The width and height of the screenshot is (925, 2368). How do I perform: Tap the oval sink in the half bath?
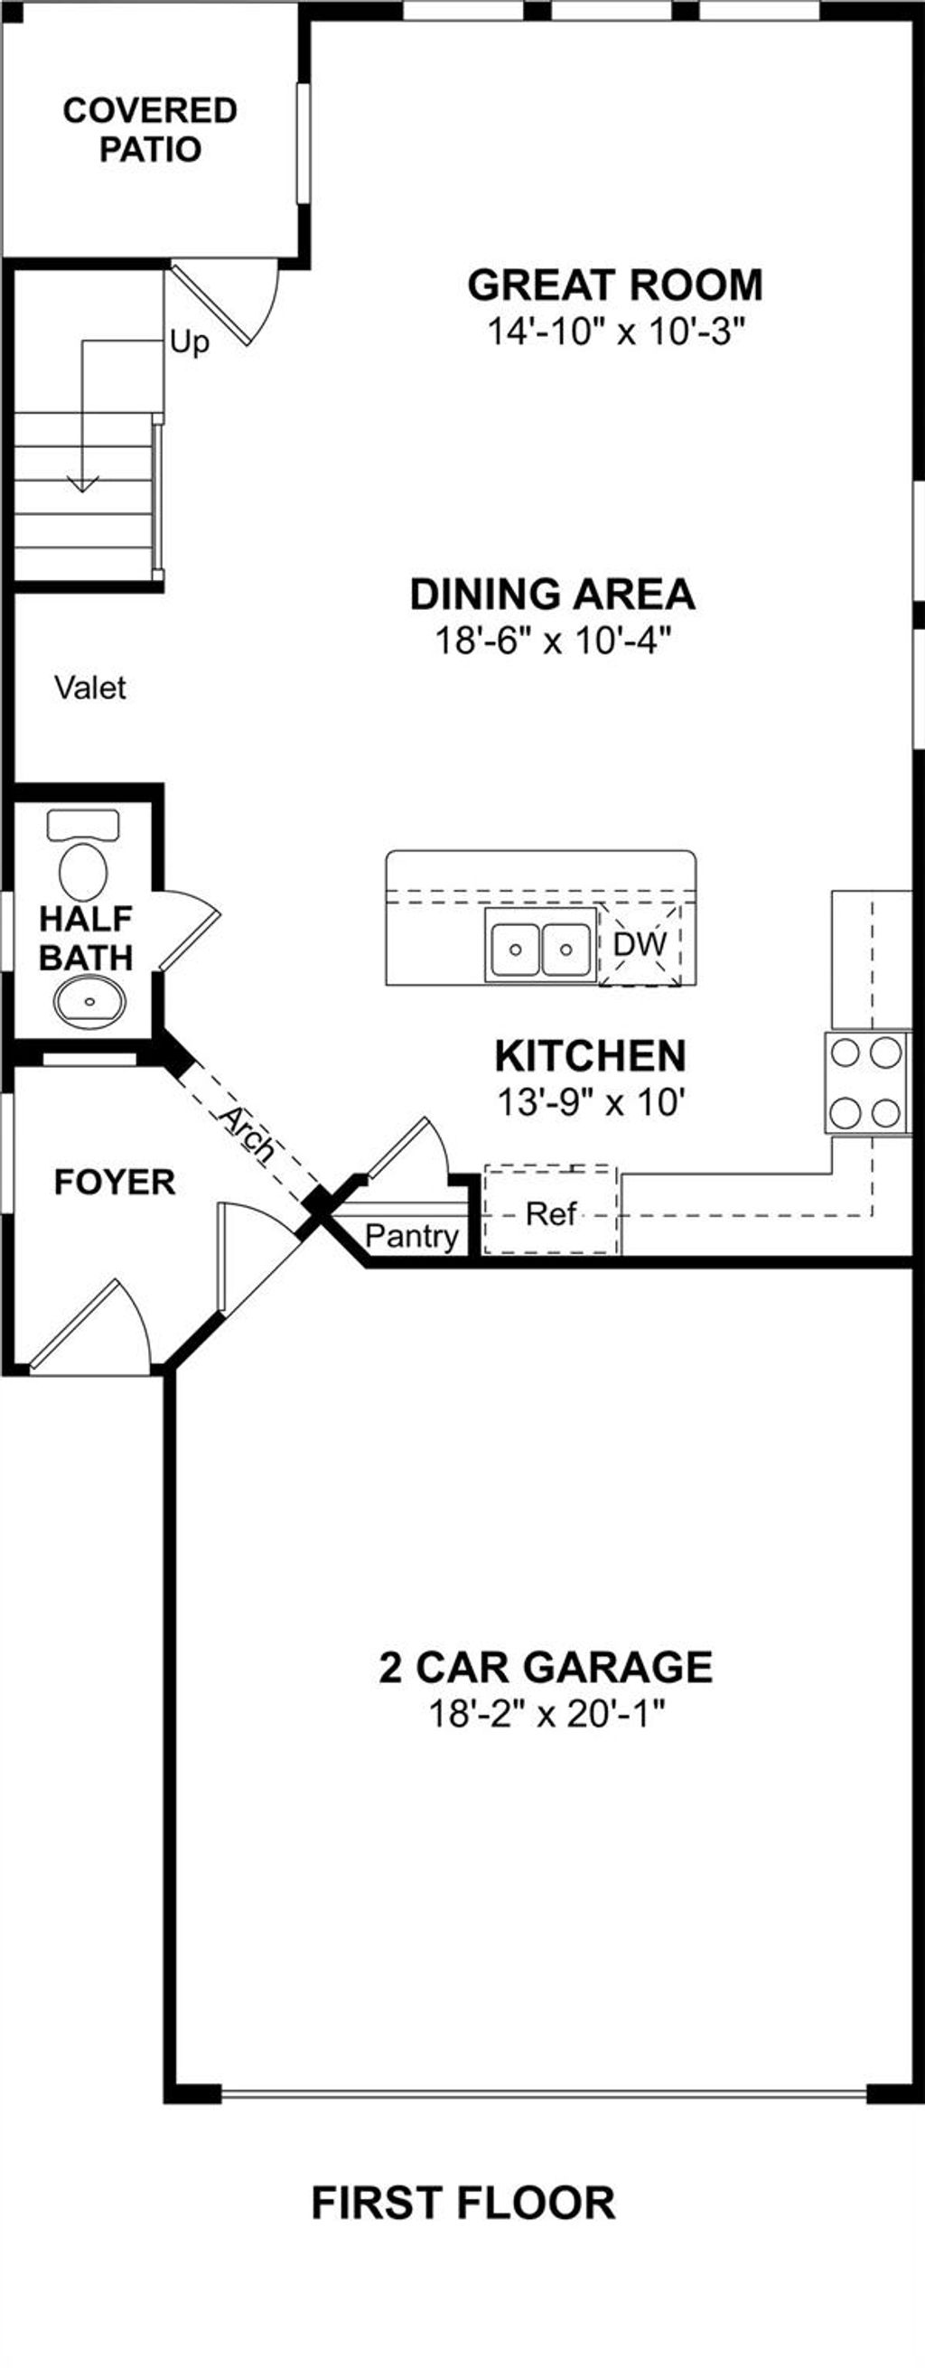(x=89, y=1000)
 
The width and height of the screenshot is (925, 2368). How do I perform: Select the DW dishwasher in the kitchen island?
(x=640, y=943)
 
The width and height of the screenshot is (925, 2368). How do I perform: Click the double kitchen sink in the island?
(x=540, y=949)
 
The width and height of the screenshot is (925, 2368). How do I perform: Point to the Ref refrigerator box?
(x=551, y=1213)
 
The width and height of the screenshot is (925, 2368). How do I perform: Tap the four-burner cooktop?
(x=865, y=1082)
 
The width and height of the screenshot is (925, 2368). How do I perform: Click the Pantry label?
(x=411, y=1235)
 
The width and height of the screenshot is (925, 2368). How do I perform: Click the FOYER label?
(x=115, y=1182)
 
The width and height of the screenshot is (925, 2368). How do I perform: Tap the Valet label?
(x=90, y=688)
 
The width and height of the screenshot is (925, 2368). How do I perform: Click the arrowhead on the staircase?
(x=83, y=483)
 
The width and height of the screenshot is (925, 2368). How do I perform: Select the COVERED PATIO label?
(x=150, y=129)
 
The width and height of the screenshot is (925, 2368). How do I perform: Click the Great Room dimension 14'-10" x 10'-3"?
(x=613, y=332)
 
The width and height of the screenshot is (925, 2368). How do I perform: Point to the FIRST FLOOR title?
(x=463, y=2203)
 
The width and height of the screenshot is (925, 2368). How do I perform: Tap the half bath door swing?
(x=192, y=930)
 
